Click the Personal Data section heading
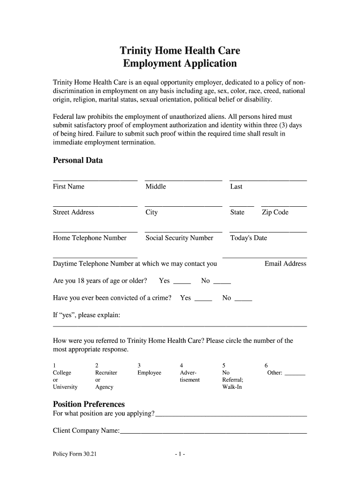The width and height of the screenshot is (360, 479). tap(78, 160)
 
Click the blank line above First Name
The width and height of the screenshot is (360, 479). tap(95, 180)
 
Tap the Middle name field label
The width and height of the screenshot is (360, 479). tap(156, 187)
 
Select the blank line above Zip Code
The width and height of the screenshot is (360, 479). tap(284, 206)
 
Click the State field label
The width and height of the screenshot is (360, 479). tap(237, 212)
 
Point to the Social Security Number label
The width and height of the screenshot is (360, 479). tap(179, 238)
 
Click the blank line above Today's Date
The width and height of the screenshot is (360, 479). tap(268, 232)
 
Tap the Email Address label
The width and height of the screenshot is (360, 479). tap(285, 264)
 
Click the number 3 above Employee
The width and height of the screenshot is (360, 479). tap(139, 365)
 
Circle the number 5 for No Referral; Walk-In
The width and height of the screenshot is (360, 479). tap(224, 365)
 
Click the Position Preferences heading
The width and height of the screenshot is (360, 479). tap(89, 404)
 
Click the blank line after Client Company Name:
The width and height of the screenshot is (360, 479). tap(213, 433)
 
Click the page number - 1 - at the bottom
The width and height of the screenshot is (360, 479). tap(180, 454)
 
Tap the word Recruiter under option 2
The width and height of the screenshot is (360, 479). tap(106, 373)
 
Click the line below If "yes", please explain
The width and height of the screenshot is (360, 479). tap(180, 326)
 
